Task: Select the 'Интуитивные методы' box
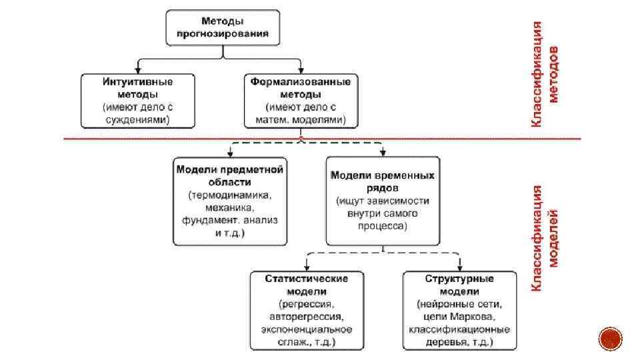pos(138,101)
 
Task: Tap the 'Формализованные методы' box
pos(301,101)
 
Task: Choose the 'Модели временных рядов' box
pos(383,201)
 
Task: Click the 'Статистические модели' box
pos(307,310)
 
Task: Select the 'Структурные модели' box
pos(459,310)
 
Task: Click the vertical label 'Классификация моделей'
pos(545,237)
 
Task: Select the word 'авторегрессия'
pos(307,317)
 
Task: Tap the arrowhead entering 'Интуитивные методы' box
pos(138,70)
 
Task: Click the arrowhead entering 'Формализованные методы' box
pos(301,70)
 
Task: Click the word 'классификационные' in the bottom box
pos(459,329)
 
